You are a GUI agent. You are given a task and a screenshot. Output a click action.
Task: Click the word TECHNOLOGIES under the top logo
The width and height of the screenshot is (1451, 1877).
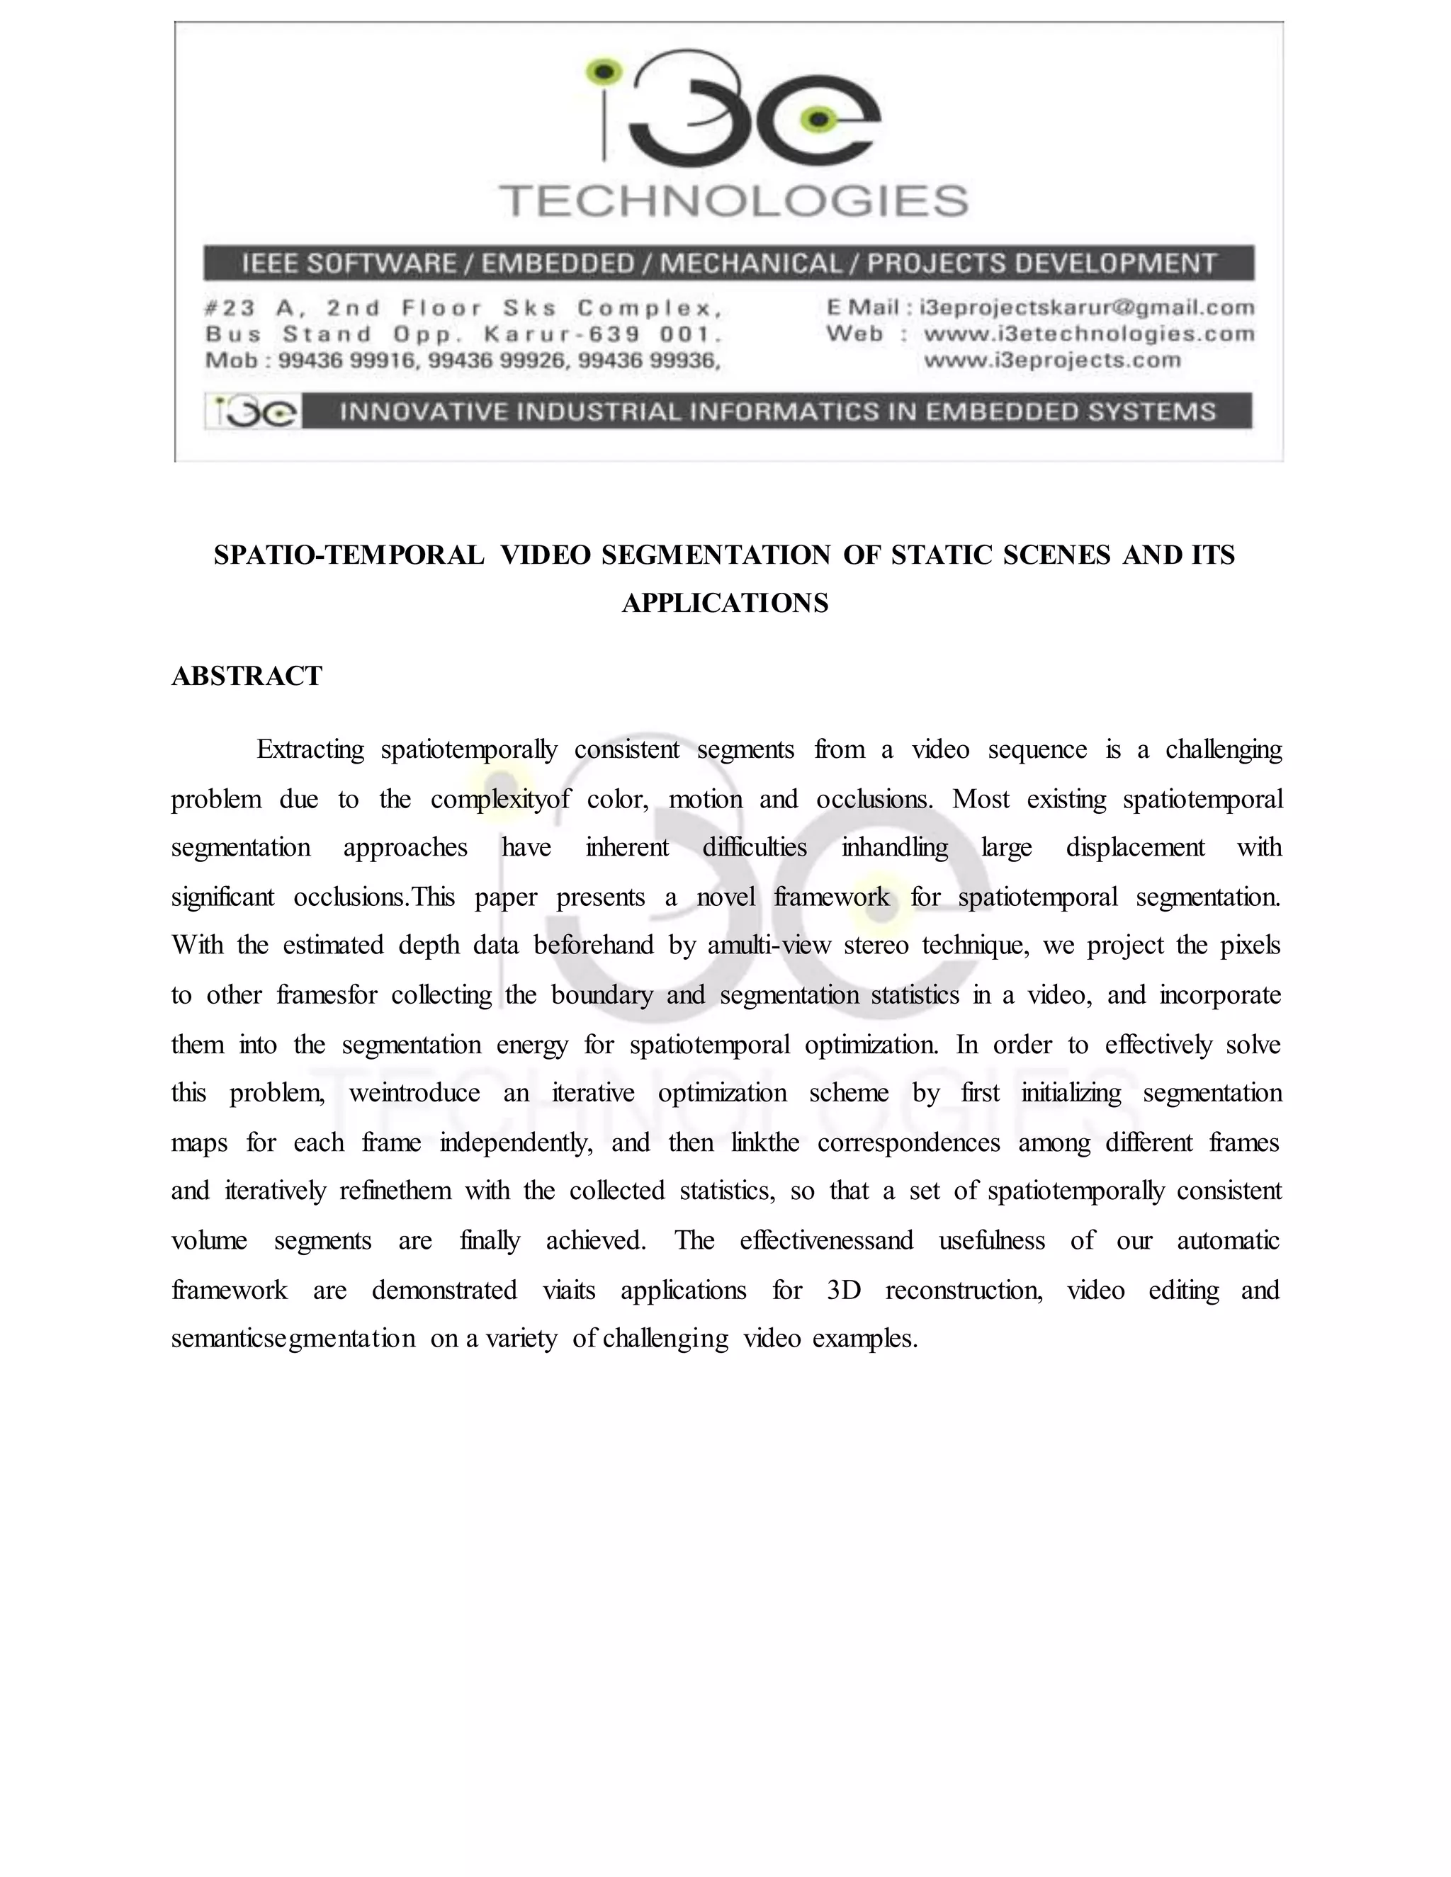734,201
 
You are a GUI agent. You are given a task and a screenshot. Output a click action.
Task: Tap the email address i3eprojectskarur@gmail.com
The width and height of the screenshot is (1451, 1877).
1087,307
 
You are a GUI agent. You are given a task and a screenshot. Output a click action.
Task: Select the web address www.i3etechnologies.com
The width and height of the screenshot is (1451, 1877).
1089,334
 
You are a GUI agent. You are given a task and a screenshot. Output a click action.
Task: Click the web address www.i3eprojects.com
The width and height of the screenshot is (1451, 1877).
1052,360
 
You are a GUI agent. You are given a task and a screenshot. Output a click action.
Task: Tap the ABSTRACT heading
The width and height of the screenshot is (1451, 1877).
247,676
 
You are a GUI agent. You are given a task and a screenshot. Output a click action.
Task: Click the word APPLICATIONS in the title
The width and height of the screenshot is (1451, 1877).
725,603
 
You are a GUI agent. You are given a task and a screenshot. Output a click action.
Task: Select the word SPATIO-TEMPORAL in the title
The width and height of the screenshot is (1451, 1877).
349,555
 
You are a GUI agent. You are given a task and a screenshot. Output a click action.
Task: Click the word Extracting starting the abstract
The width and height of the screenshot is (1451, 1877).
310,750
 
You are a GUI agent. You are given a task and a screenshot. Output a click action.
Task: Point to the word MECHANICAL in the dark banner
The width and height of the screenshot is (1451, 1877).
750,263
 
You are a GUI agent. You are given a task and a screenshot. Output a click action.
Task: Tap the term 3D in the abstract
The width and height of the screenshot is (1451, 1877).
843,1290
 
